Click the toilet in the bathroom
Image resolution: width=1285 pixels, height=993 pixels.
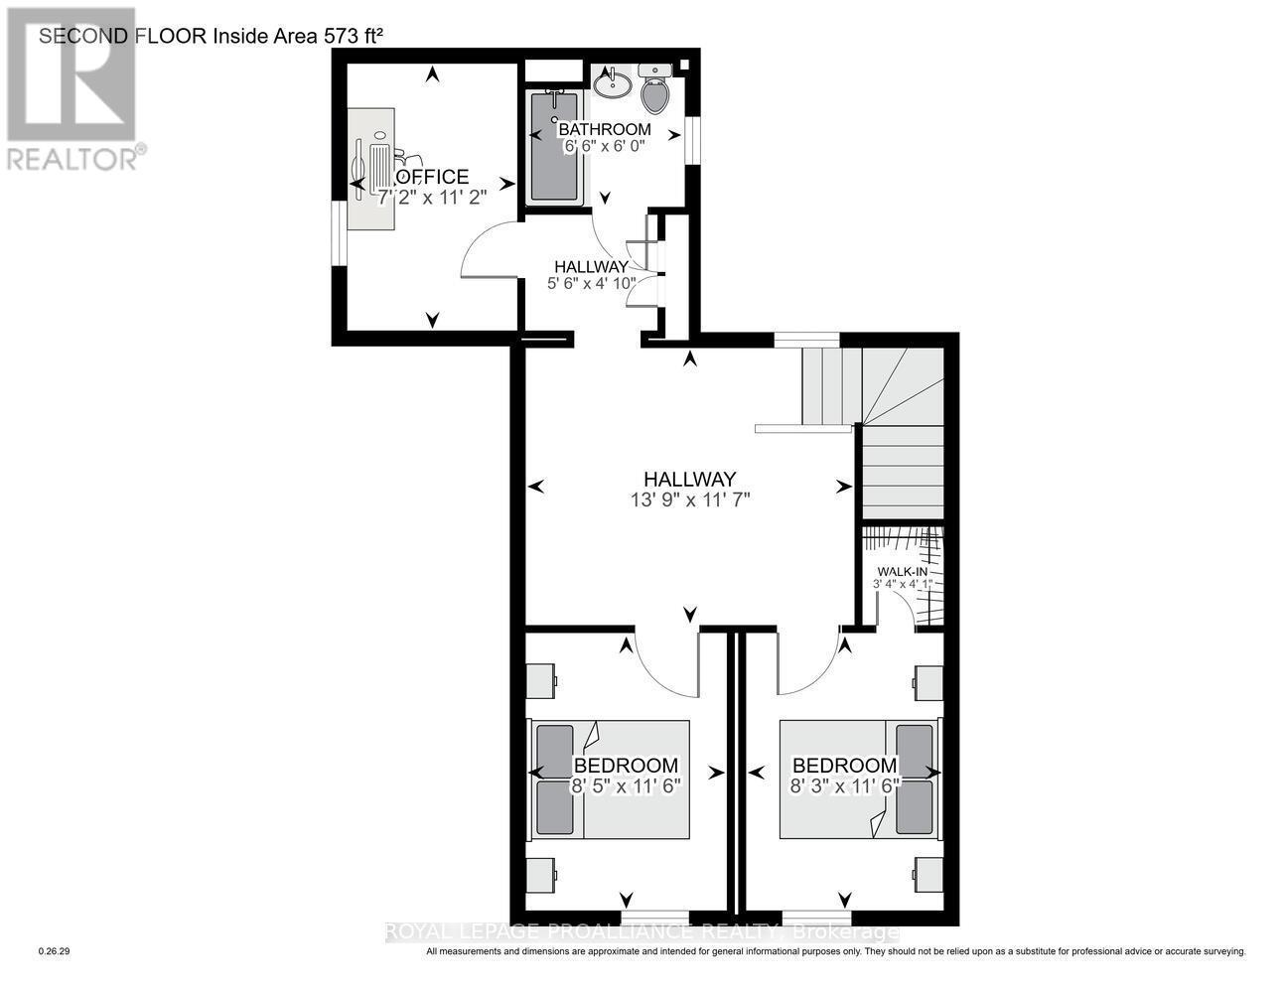(x=654, y=90)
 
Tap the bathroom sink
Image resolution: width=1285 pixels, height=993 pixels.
(x=612, y=83)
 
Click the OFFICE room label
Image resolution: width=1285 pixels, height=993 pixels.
(x=432, y=177)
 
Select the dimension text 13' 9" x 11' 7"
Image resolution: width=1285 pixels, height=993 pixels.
(x=689, y=499)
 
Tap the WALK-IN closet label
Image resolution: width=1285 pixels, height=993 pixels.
(x=900, y=572)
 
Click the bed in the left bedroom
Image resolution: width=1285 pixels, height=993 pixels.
(x=609, y=780)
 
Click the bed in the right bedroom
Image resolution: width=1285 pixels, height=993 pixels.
(x=858, y=780)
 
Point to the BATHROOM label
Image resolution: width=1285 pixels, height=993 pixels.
(x=604, y=129)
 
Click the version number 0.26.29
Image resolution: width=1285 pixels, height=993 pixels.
(x=54, y=951)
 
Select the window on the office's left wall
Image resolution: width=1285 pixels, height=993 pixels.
(x=340, y=234)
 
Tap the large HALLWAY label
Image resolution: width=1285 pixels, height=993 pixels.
(x=688, y=478)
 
